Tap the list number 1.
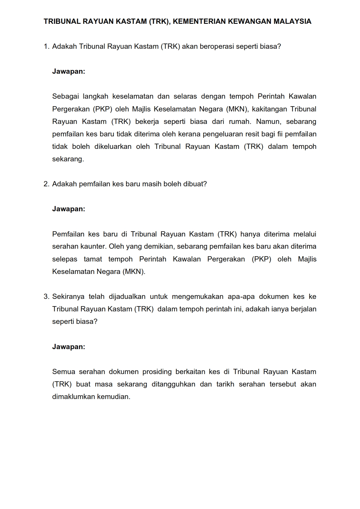pos(46,46)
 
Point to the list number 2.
pos(46,184)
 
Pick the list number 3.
pos(46,297)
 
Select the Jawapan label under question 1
pos(68,71)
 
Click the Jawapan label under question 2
pos(68,209)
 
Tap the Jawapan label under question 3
pos(68,347)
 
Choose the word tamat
pos(93,259)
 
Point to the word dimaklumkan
pos(74,397)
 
